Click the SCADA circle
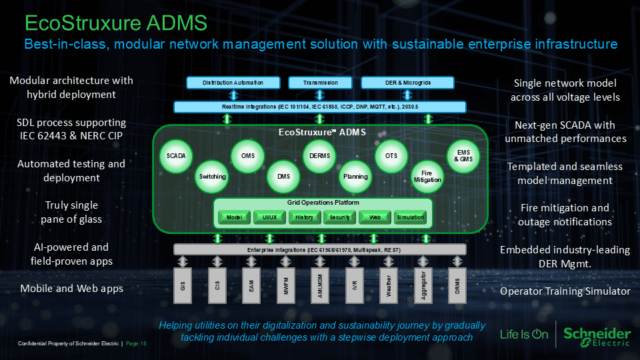point(176,156)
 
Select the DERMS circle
point(315,156)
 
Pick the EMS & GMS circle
point(463,156)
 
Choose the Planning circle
point(355,177)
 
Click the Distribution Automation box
point(233,83)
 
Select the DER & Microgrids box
point(408,83)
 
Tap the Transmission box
point(320,83)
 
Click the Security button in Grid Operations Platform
point(339,217)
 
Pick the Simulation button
point(410,217)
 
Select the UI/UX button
point(269,217)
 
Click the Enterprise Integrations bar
point(320,249)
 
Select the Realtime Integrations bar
point(320,107)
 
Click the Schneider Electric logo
point(597,335)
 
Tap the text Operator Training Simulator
point(565,291)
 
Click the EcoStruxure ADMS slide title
point(115,23)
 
